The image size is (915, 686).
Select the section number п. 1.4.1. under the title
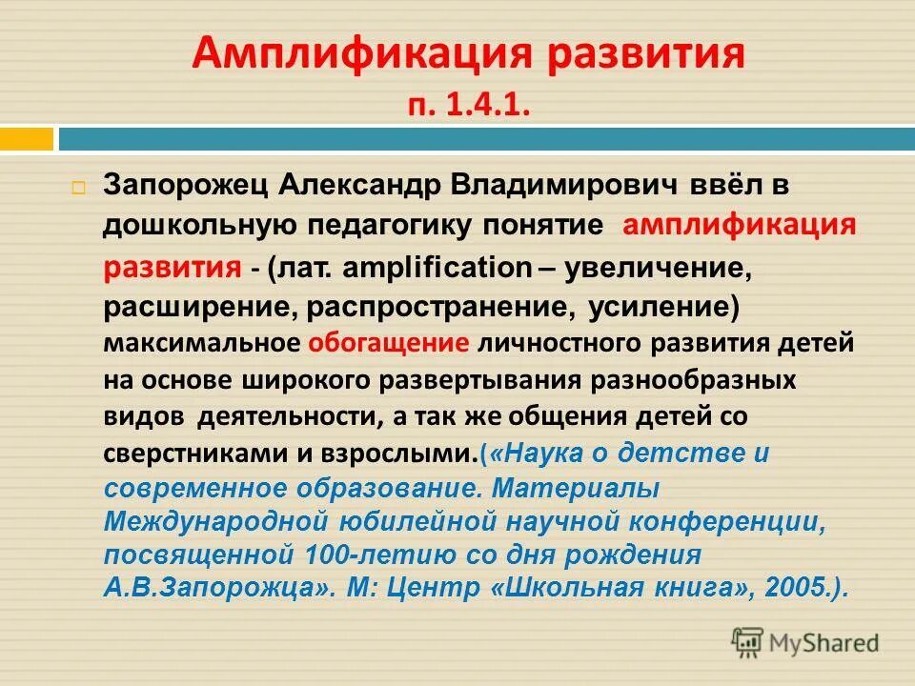[x=468, y=104]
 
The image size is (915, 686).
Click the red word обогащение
[x=388, y=343]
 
